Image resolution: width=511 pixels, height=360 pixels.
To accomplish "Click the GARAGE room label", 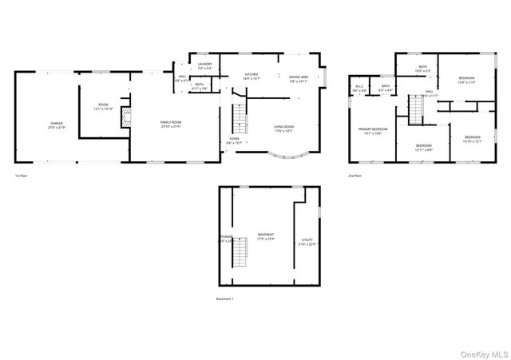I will (x=56, y=125).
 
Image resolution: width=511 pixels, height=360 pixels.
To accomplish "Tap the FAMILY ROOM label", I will (x=171, y=123).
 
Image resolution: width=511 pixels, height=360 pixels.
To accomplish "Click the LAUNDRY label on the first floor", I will (x=204, y=65).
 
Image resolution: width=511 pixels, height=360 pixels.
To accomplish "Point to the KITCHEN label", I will (x=252, y=75).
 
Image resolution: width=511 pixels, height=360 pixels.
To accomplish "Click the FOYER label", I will (x=234, y=140).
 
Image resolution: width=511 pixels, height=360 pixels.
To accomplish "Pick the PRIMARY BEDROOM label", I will (x=373, y=131).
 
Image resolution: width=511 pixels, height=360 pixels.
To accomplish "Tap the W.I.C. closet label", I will (x=359, y=88).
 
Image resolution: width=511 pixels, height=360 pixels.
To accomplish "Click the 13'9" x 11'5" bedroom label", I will (x=466, y=80).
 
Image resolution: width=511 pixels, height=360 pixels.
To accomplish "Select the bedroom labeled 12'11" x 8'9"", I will (x=423, y=148).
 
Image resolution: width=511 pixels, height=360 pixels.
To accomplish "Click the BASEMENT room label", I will (x=266, y=236).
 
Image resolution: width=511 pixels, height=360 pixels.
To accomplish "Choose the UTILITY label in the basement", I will (x=307, y=241).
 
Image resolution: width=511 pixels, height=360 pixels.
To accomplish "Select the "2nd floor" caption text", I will (x=354, y=176).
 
